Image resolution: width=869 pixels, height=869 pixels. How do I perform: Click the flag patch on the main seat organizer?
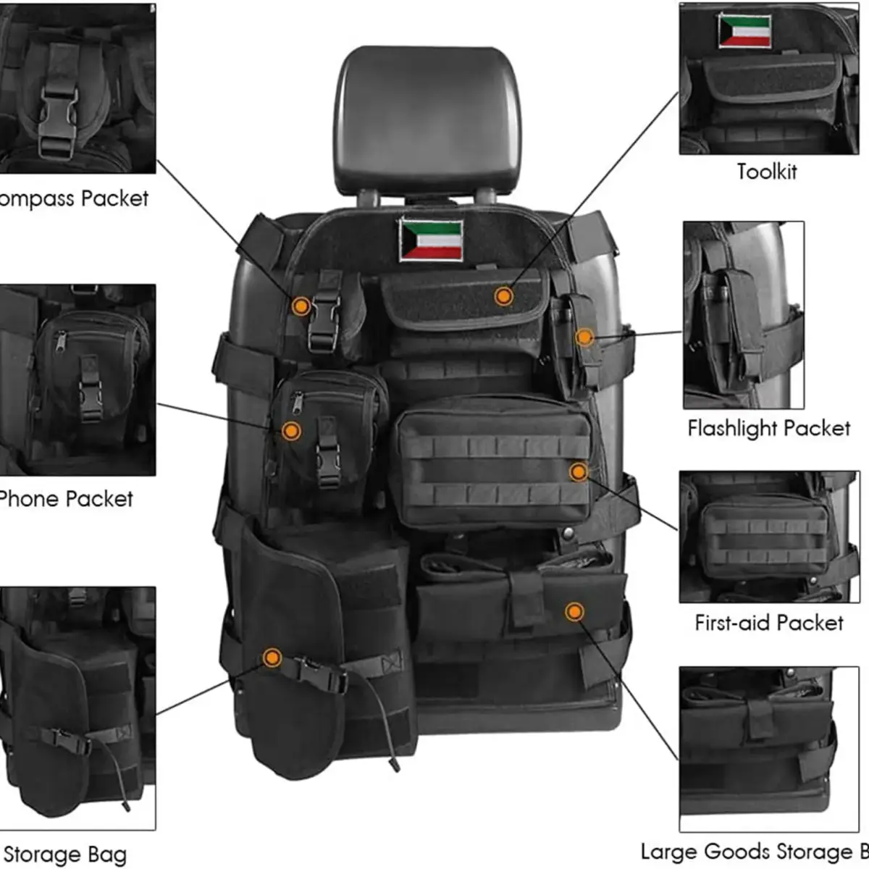tap(430, 240)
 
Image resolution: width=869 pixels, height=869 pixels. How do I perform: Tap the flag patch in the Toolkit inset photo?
tap(744, 31)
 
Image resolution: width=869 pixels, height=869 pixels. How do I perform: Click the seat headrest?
tap(427, 119)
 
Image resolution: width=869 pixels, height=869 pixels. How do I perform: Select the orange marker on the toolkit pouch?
tap(503, 295)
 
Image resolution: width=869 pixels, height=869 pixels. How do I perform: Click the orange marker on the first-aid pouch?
tap(578, 472)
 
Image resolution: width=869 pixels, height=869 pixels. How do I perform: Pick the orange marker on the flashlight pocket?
tap(584, 337)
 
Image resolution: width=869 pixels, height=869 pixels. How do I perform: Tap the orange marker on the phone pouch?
tap(291, 431)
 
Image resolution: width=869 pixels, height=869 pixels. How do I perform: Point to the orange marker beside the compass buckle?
tap(301, 306)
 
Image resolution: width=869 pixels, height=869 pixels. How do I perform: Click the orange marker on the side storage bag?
tap(272, 658)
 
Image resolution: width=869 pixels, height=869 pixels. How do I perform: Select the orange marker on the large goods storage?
tap(574, 612)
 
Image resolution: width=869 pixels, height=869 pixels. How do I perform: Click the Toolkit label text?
tap(766, 172)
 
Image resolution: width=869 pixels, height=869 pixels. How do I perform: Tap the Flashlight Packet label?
tap(768, 429)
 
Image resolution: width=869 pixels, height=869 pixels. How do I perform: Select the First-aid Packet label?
tap(768, 624)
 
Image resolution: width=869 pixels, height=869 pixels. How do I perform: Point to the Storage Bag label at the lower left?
tap(65, 855)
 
